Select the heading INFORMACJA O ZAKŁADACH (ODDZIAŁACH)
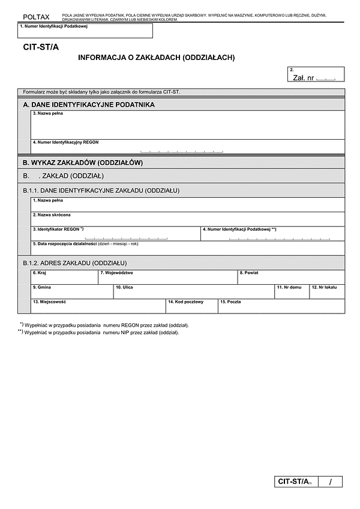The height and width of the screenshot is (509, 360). click(x=156, y=58)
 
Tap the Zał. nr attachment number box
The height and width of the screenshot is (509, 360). click(x=316, y=74)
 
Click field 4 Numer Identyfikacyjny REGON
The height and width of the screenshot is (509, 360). click(x=180, y=147)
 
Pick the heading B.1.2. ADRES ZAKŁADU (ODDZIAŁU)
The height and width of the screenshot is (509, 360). click(x=74, y=263)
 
